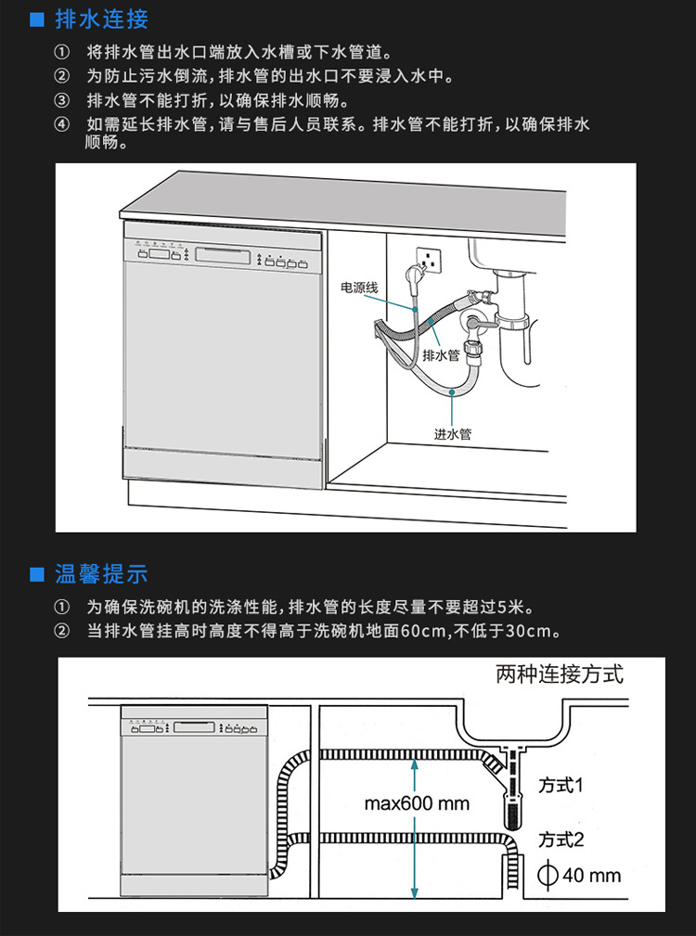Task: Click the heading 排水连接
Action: point(101,19)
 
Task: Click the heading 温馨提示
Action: point(101,574)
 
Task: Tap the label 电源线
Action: point(359,288)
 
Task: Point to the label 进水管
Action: point(453,433)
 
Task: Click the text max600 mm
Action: point(417,803)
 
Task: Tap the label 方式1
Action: point(561,785)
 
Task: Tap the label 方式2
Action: point(561,840)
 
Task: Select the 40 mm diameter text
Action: point(591,875)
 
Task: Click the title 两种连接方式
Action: point(559,674)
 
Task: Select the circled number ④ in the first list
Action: point(61,124)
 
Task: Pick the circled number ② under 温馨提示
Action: point(61,632)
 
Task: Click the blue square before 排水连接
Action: point(37,19)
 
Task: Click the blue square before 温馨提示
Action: point(37,575)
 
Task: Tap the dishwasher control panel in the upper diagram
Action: point(223,257)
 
